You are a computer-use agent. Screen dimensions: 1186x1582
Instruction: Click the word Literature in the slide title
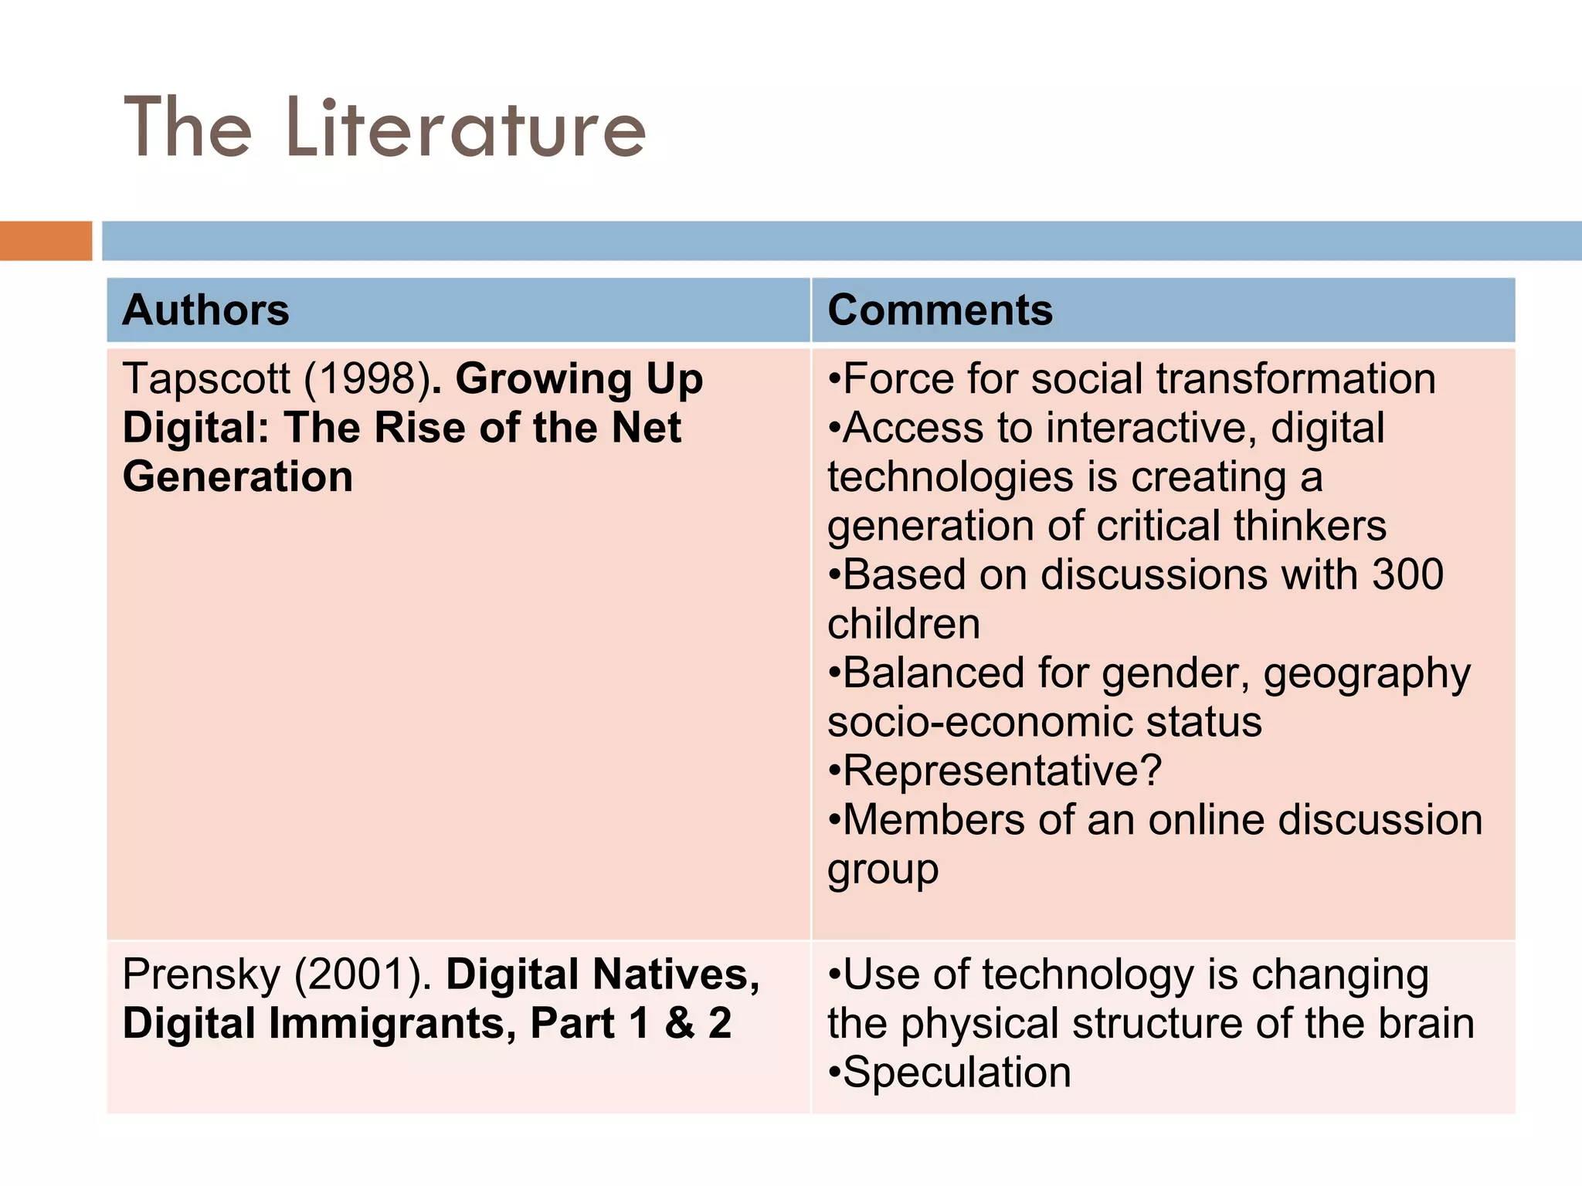coord(465,128)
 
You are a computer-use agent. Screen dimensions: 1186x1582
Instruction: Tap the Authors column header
coord(205,310)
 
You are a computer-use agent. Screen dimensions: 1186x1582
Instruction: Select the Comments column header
coord(939,310)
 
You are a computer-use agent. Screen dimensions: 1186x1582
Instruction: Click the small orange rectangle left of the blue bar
coord(46,240)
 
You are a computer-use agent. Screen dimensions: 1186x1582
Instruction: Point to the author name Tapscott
coord(205,379)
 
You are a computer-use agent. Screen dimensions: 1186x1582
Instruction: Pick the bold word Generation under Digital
coord(237,476)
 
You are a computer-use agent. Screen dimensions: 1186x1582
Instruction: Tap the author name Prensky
coord(201,974)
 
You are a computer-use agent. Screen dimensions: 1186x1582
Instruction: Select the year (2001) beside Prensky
coord(361,974)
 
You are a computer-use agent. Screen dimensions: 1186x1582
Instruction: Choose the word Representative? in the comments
coord(1002,771)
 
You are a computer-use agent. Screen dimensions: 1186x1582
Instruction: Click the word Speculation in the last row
coord(956,1073)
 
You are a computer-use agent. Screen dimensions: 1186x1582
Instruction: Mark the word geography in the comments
coord(1366,674)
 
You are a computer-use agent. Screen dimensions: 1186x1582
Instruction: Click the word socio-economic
coord(979,722)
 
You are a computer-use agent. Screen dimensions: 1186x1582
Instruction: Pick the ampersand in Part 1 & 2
coord(679,1024)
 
